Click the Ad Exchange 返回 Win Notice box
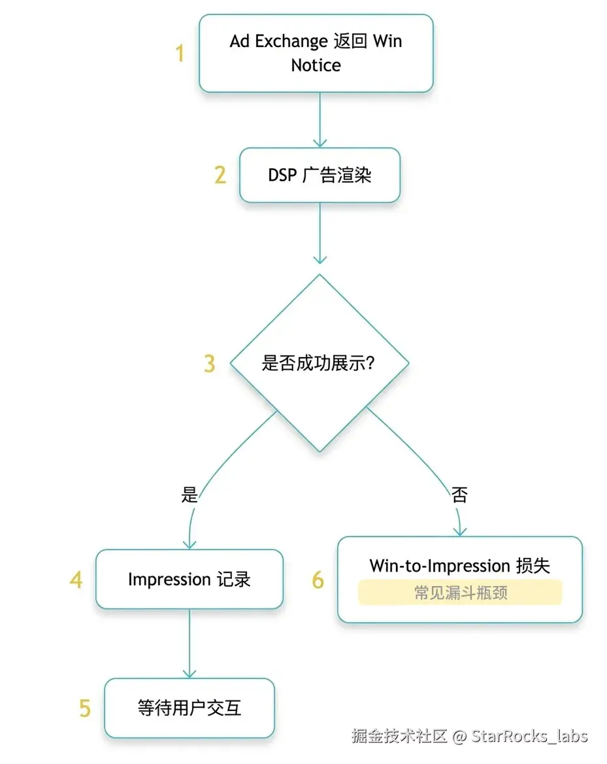pos(316,53)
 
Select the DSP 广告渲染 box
pos(320,175)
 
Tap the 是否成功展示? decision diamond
pos(319,363)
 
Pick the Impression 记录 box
pos(189,579)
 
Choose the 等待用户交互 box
pos(189,708)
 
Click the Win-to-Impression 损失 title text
pos(459,565)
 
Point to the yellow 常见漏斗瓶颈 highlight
pos(459,593)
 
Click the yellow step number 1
pos(180,54)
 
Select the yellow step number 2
pos(220,175)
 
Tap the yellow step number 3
pos(209,364)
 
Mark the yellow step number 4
pos(76,580)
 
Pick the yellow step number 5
pos(85,708)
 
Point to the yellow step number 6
pos(318,580)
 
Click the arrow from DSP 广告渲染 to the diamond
pos(320,232)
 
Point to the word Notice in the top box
pos(316,65)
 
